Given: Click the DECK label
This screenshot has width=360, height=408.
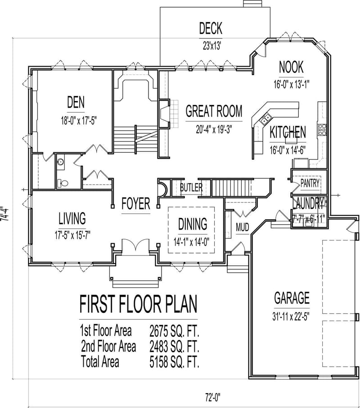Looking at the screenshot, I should [211, 29].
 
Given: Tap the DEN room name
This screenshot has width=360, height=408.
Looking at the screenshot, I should [76, 103].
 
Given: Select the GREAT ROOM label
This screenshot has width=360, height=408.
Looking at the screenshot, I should [214, 111].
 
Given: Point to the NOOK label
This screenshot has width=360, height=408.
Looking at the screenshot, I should [291, 67].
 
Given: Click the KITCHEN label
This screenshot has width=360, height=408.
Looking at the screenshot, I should [288, 132].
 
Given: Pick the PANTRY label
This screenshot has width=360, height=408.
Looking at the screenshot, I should [310, 183].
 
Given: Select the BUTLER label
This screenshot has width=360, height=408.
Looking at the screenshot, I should [191, 187].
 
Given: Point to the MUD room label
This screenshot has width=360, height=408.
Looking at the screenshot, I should [243, 227].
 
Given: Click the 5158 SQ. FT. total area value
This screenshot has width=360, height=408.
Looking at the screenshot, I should [174, 361].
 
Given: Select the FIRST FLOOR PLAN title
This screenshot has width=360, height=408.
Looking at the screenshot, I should [138, 305].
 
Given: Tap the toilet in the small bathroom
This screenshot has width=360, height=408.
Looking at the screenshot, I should [63, 182].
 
